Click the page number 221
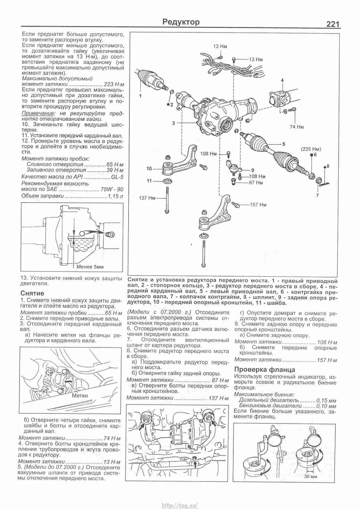(x=333, y=24)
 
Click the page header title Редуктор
(x=181, y=22)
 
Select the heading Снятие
(x=32, y=293)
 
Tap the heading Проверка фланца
(x=264, y=369)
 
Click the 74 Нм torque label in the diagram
(x=297, y=127)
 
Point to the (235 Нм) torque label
(x=311, y=149)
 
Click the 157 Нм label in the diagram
(x=258, y=205)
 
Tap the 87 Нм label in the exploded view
(x=256, y=183)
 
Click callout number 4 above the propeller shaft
(x=282, y=80)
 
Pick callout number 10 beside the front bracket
(x=149, y=169)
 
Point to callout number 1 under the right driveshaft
(x=140, y=96)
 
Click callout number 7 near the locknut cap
(x=317, y=195)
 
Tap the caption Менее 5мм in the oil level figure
(x=90, y=267)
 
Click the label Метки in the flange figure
(x=80, y=396)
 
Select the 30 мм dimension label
(x=311, y=476)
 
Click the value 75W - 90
(x=112, y=189)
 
